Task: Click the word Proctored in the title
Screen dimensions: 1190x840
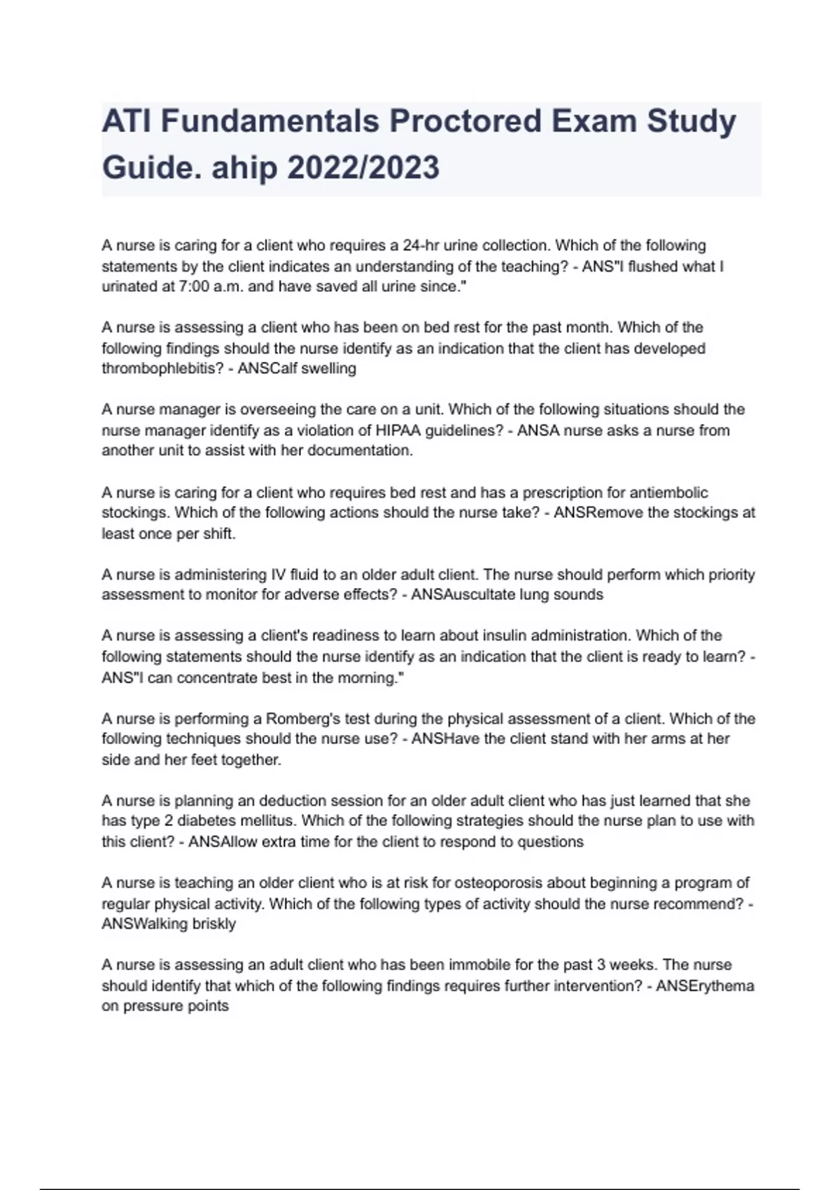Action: coord(465,121)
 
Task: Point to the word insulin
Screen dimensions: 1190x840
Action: coord(505,636)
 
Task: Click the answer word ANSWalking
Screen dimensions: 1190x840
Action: coord(146,924)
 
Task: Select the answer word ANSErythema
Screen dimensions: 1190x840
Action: coord(705,986)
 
